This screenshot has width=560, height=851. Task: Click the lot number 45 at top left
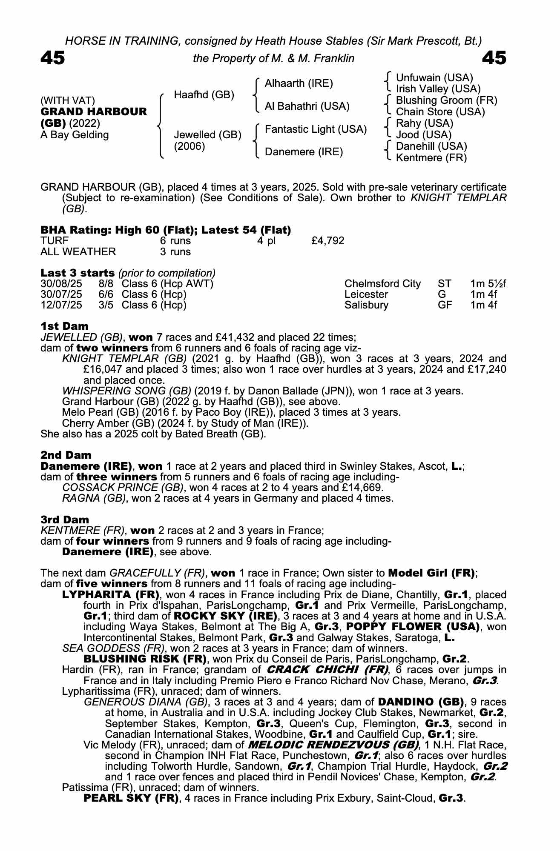tap(53, 58)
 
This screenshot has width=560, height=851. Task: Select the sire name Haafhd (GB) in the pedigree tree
tap(204, 94)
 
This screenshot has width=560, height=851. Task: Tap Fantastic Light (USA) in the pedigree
tap(316, 129)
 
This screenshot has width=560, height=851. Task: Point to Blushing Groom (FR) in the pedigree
tap(446, 100)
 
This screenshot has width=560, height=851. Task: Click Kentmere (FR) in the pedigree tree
tap(431, 158)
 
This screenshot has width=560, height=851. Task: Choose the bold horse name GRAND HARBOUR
tap(94, 112)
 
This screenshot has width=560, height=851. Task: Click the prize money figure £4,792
tap(327, 241)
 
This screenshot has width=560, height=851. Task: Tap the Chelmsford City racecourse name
tap(382, 284)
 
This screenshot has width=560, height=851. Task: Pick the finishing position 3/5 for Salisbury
tap(106, 305)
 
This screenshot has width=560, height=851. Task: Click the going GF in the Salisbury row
tap(445, 305)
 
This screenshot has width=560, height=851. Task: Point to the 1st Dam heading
tap(65, 326)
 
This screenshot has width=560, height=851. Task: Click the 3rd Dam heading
tap(65, 520)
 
